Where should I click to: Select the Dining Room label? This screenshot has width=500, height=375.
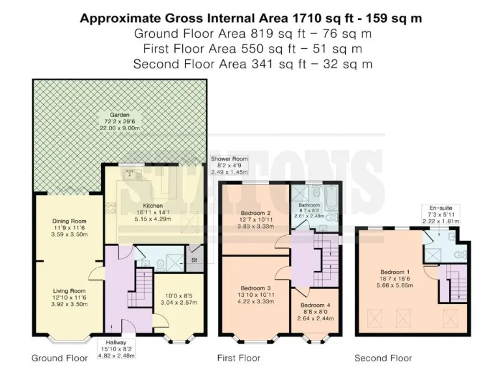(x=69, y=221)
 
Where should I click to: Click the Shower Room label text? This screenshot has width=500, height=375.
(x=225, y=158)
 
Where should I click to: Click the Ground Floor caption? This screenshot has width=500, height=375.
(x=59, y=358)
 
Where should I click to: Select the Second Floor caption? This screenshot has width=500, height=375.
(x=383, y=358)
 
